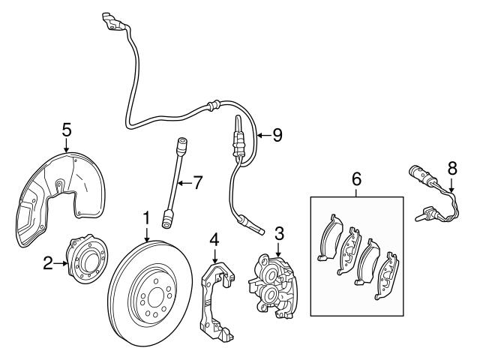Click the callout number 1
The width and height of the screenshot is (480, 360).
pos(147,218)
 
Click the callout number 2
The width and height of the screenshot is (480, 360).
pos(47,262)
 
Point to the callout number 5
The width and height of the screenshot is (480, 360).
pos(67,129)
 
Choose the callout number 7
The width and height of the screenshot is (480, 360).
pos(198,182)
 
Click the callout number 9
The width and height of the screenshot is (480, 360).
pos(277,136)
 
